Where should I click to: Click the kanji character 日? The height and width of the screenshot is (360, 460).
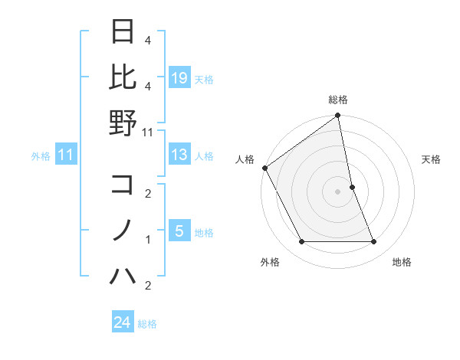click(x=123, y=32)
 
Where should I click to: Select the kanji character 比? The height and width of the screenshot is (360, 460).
click(x=123, y=77)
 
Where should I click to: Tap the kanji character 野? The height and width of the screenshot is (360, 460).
click(x=123, y=123)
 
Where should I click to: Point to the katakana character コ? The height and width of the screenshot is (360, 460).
click(x=123, y=185)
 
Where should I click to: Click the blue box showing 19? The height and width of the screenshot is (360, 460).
click(x=179, y=78)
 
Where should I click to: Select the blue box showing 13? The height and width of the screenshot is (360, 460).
click(x=179, y=155)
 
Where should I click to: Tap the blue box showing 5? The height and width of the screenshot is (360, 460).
click(x=179, y=231)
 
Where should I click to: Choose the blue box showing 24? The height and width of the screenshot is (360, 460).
click(x=123, y=322)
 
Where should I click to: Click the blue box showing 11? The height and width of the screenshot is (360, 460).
click(x=66, y=155)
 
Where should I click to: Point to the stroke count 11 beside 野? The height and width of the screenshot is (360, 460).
click(x=148, y=133)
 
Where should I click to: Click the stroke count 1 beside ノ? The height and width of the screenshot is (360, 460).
click(x=148, y=240)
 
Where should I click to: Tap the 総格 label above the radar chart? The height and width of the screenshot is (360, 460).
click(x=337, y=100)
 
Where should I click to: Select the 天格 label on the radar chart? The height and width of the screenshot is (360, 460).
click(x=431, y=159)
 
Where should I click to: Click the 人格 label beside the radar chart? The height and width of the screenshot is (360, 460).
click(x=245, y=159)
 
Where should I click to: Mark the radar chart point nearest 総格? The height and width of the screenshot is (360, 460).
click(x=337, y=116)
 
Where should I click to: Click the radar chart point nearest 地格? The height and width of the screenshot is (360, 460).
click(x=373, y=242)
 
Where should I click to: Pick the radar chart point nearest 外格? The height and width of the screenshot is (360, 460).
click(x=301, y=242)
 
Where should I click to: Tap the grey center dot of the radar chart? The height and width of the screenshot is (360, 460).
click(x=337, y=191)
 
